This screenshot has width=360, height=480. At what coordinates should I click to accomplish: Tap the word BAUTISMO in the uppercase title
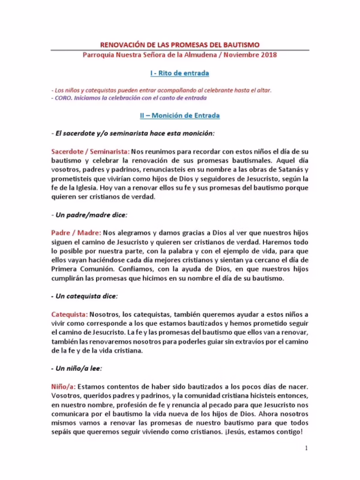click(x=238, y=44)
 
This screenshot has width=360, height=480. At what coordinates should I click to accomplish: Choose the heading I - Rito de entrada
click(x=179, y=73)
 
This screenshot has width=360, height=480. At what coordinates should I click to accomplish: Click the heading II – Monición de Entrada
click(x=179, y=115)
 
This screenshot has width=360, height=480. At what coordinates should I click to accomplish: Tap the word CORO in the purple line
click(x=65, y=98)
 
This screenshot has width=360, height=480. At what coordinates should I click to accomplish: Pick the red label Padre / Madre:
click(x=76, y=231)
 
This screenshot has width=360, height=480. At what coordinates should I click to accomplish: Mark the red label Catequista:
click(x=69, y=314)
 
